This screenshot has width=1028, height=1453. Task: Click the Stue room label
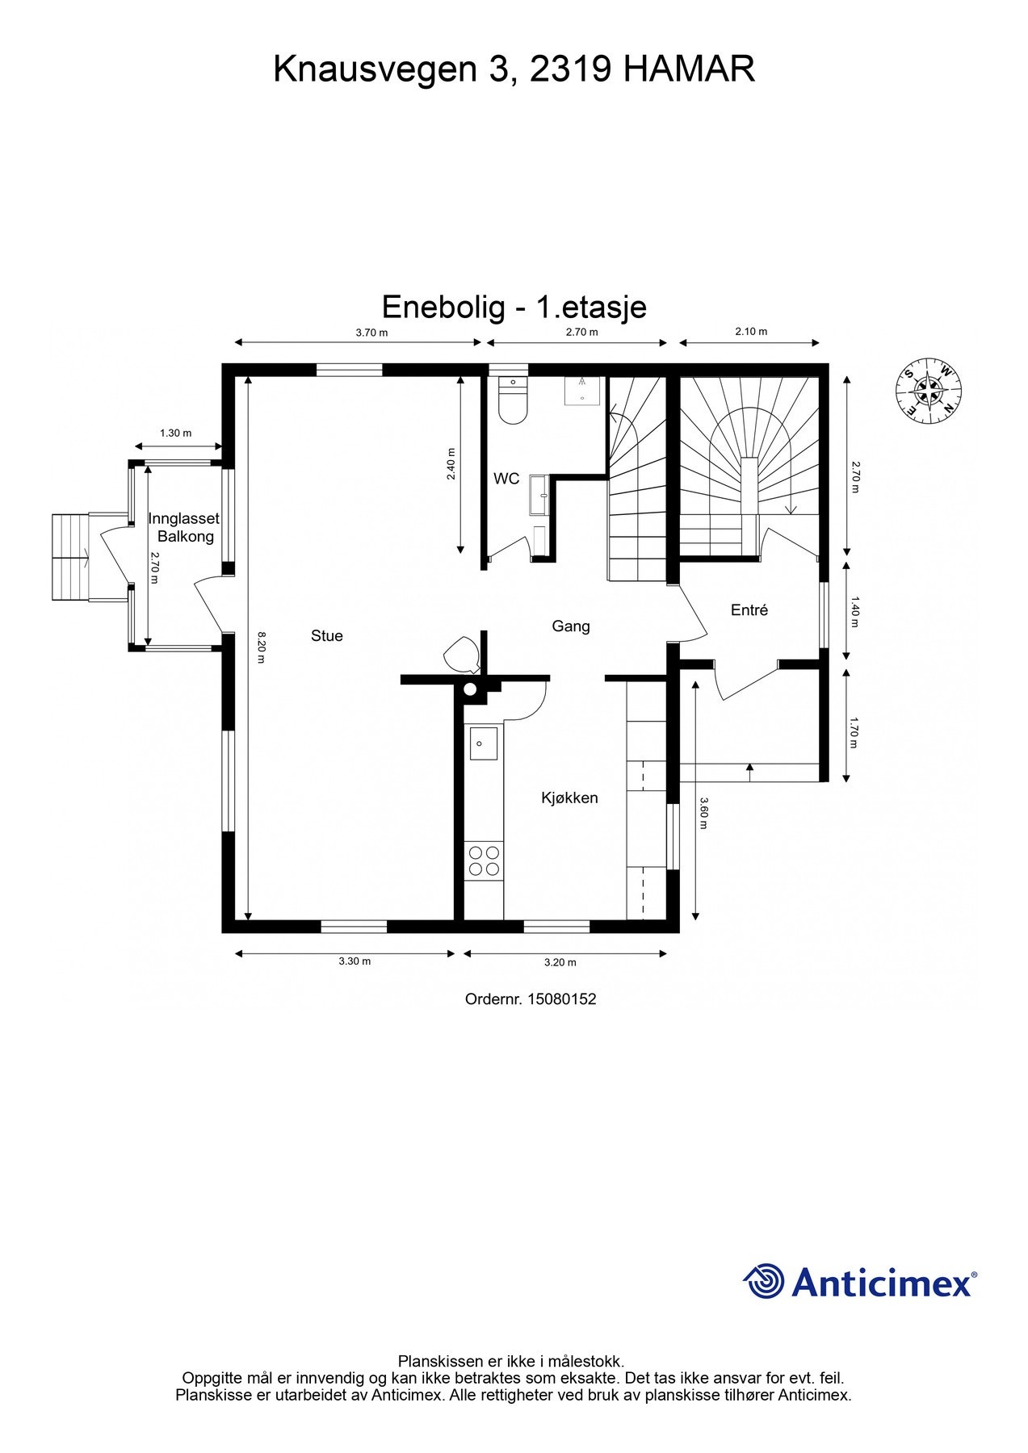327,636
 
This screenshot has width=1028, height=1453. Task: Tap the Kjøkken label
569,798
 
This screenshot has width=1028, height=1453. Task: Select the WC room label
506,479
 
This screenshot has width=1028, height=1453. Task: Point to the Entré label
749,610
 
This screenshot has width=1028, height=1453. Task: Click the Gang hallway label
571,626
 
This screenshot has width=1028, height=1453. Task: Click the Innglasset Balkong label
184,527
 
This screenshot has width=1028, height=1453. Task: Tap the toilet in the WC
513,400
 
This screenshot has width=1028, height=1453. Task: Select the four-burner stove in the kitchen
484,860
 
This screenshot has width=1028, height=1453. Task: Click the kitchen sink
484,743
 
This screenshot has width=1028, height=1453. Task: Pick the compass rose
929,389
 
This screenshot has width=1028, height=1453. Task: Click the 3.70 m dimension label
371,333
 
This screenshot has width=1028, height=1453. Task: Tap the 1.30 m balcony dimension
176,433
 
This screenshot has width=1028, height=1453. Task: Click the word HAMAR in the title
690,69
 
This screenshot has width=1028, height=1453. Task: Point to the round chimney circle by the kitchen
470,689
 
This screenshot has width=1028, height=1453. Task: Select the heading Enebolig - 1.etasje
514,308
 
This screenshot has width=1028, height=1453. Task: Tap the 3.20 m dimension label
560,962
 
